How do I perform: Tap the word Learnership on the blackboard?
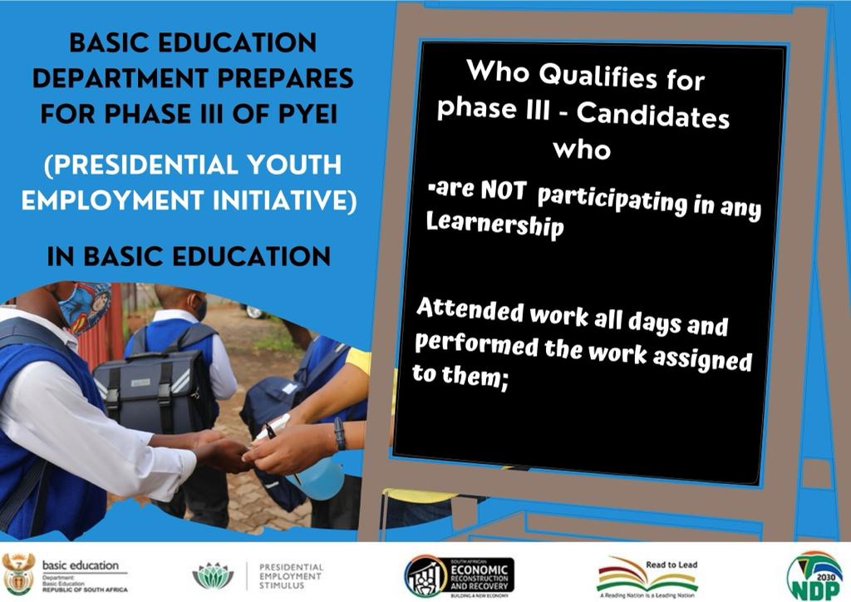pos(494,225)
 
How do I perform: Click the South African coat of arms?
pos(17,574)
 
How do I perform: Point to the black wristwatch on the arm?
pos(339,433)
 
